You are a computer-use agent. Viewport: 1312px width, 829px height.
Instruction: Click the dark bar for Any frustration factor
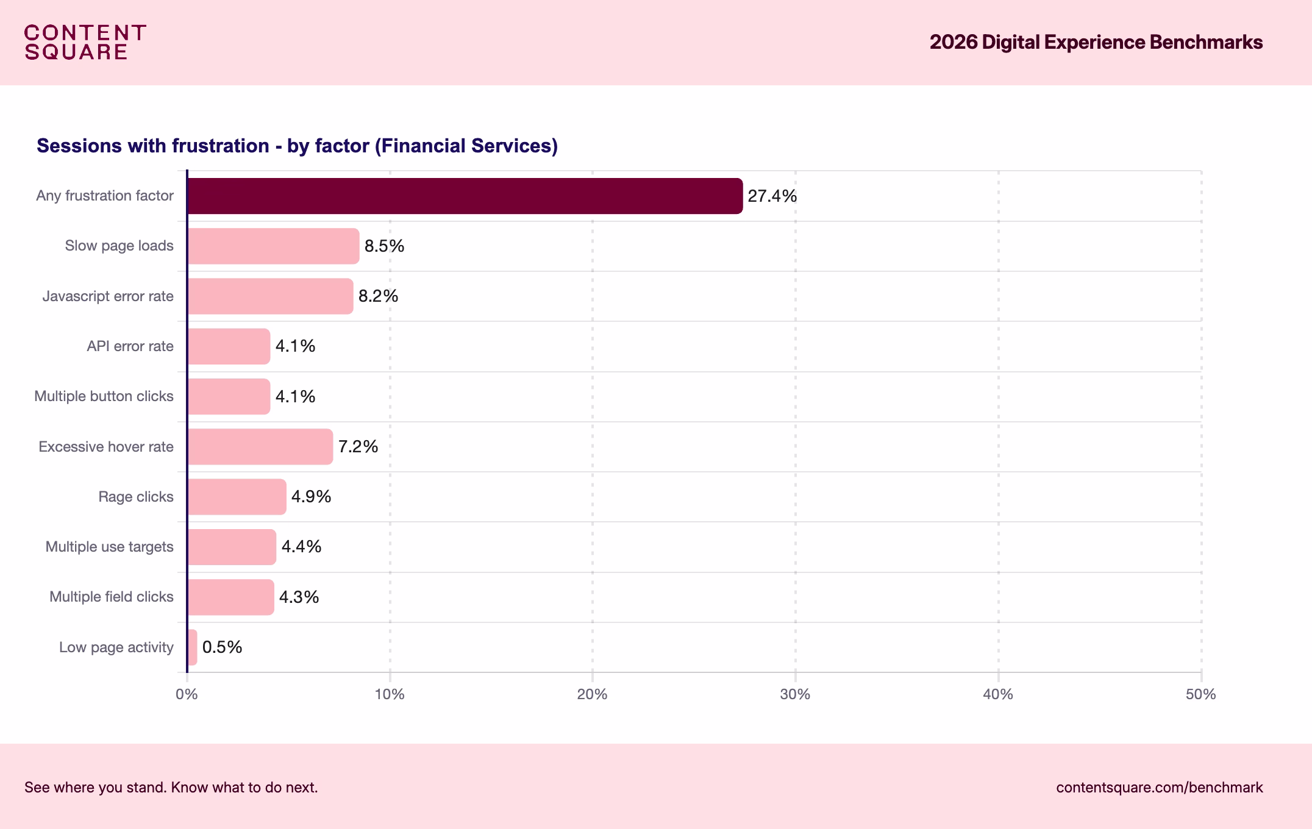465,196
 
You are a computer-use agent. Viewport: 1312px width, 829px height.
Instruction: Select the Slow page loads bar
273,246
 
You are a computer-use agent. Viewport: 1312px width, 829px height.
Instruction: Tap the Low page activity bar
192,647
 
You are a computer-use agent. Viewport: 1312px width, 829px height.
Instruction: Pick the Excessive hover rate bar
260,447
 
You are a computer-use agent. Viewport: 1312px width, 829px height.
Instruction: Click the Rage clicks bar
237,497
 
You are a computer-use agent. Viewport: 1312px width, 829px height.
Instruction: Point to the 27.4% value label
772,196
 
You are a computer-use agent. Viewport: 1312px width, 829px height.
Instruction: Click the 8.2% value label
378,296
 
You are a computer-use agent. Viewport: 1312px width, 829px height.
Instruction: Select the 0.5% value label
222,647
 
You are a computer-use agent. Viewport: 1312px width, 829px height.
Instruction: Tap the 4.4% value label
301,547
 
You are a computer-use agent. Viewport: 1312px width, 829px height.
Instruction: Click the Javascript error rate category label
108,296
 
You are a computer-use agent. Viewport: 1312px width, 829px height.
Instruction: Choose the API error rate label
130,346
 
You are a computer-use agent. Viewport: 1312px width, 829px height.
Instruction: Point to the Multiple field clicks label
111,597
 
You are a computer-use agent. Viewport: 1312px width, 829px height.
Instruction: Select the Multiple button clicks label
104,396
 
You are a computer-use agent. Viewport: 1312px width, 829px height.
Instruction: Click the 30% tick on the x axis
795,694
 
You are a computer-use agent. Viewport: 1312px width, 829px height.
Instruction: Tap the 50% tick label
1200,694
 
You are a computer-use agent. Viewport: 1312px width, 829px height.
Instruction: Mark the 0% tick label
187,694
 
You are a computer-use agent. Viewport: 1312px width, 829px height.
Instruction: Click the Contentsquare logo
85,42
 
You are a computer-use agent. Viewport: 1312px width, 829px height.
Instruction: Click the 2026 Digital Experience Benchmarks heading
1096,42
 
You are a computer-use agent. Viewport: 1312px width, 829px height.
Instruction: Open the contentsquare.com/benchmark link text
1159,788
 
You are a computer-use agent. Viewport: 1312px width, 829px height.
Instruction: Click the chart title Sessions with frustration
297,146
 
